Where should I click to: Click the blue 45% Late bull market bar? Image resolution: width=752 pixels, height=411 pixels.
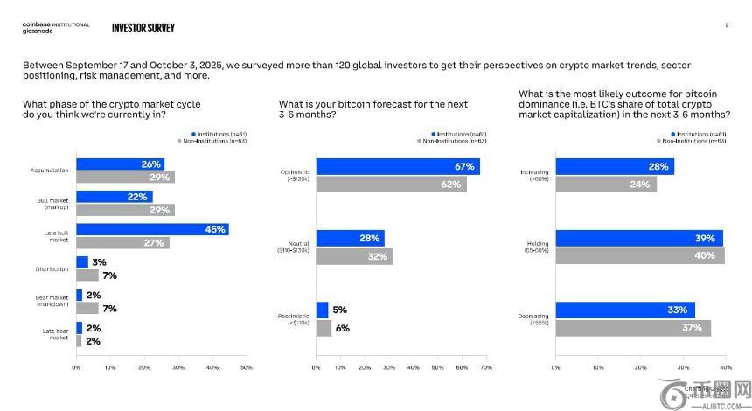(152, 229)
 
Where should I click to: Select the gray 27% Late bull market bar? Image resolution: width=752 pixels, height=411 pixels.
(122, 242)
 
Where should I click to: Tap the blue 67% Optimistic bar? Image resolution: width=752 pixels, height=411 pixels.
(398, 167)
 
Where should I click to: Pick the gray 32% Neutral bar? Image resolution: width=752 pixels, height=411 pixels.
(354, 256)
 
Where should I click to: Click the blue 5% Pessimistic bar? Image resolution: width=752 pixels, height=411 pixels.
(322, 310)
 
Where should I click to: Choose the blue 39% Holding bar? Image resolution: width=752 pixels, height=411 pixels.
(639, 239)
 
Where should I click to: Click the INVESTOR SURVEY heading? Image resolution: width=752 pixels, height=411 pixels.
(143, 27)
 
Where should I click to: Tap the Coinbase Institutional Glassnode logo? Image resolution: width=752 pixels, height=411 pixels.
(55, 27)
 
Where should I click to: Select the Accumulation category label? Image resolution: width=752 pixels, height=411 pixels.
(49, 171)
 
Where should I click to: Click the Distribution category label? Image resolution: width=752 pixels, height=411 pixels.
(52, 268)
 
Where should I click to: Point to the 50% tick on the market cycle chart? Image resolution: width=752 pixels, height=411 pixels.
(246, 367)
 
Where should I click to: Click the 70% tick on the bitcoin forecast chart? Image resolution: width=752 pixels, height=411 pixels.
(486, 367)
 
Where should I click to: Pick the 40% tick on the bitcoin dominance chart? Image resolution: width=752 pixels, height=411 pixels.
(725, 367)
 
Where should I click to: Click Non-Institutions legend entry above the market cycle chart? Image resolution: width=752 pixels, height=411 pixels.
(212, 140)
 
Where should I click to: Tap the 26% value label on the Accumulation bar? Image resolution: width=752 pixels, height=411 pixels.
(151, 164)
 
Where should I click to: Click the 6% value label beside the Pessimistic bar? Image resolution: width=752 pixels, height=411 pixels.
(342, 328)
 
